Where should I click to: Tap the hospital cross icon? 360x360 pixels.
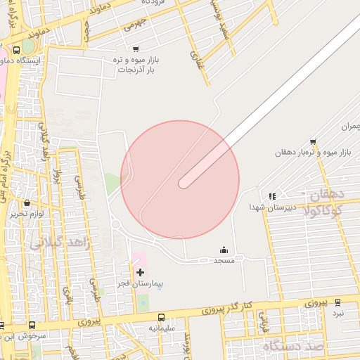[140, 272]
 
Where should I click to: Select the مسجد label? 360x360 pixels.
[224, 260]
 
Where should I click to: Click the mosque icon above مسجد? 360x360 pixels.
[224, 250]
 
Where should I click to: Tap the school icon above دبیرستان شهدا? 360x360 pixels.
[272, 196]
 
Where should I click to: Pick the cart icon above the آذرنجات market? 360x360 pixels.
[135, 49]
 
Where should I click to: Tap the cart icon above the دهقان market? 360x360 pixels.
[313, 141]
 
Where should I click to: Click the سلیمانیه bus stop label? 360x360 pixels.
[162, 328]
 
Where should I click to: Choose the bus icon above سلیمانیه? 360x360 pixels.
[162, 317]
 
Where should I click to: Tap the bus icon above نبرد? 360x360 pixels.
[337, 302]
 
